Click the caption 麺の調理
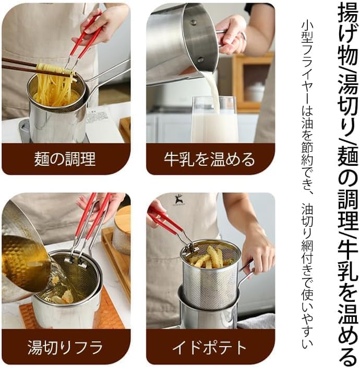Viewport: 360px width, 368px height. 65,159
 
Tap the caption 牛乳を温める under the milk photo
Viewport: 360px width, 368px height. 209,159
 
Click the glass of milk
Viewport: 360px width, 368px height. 214,120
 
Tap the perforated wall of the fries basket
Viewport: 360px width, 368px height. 210,289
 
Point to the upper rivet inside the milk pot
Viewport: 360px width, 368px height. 193,23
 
